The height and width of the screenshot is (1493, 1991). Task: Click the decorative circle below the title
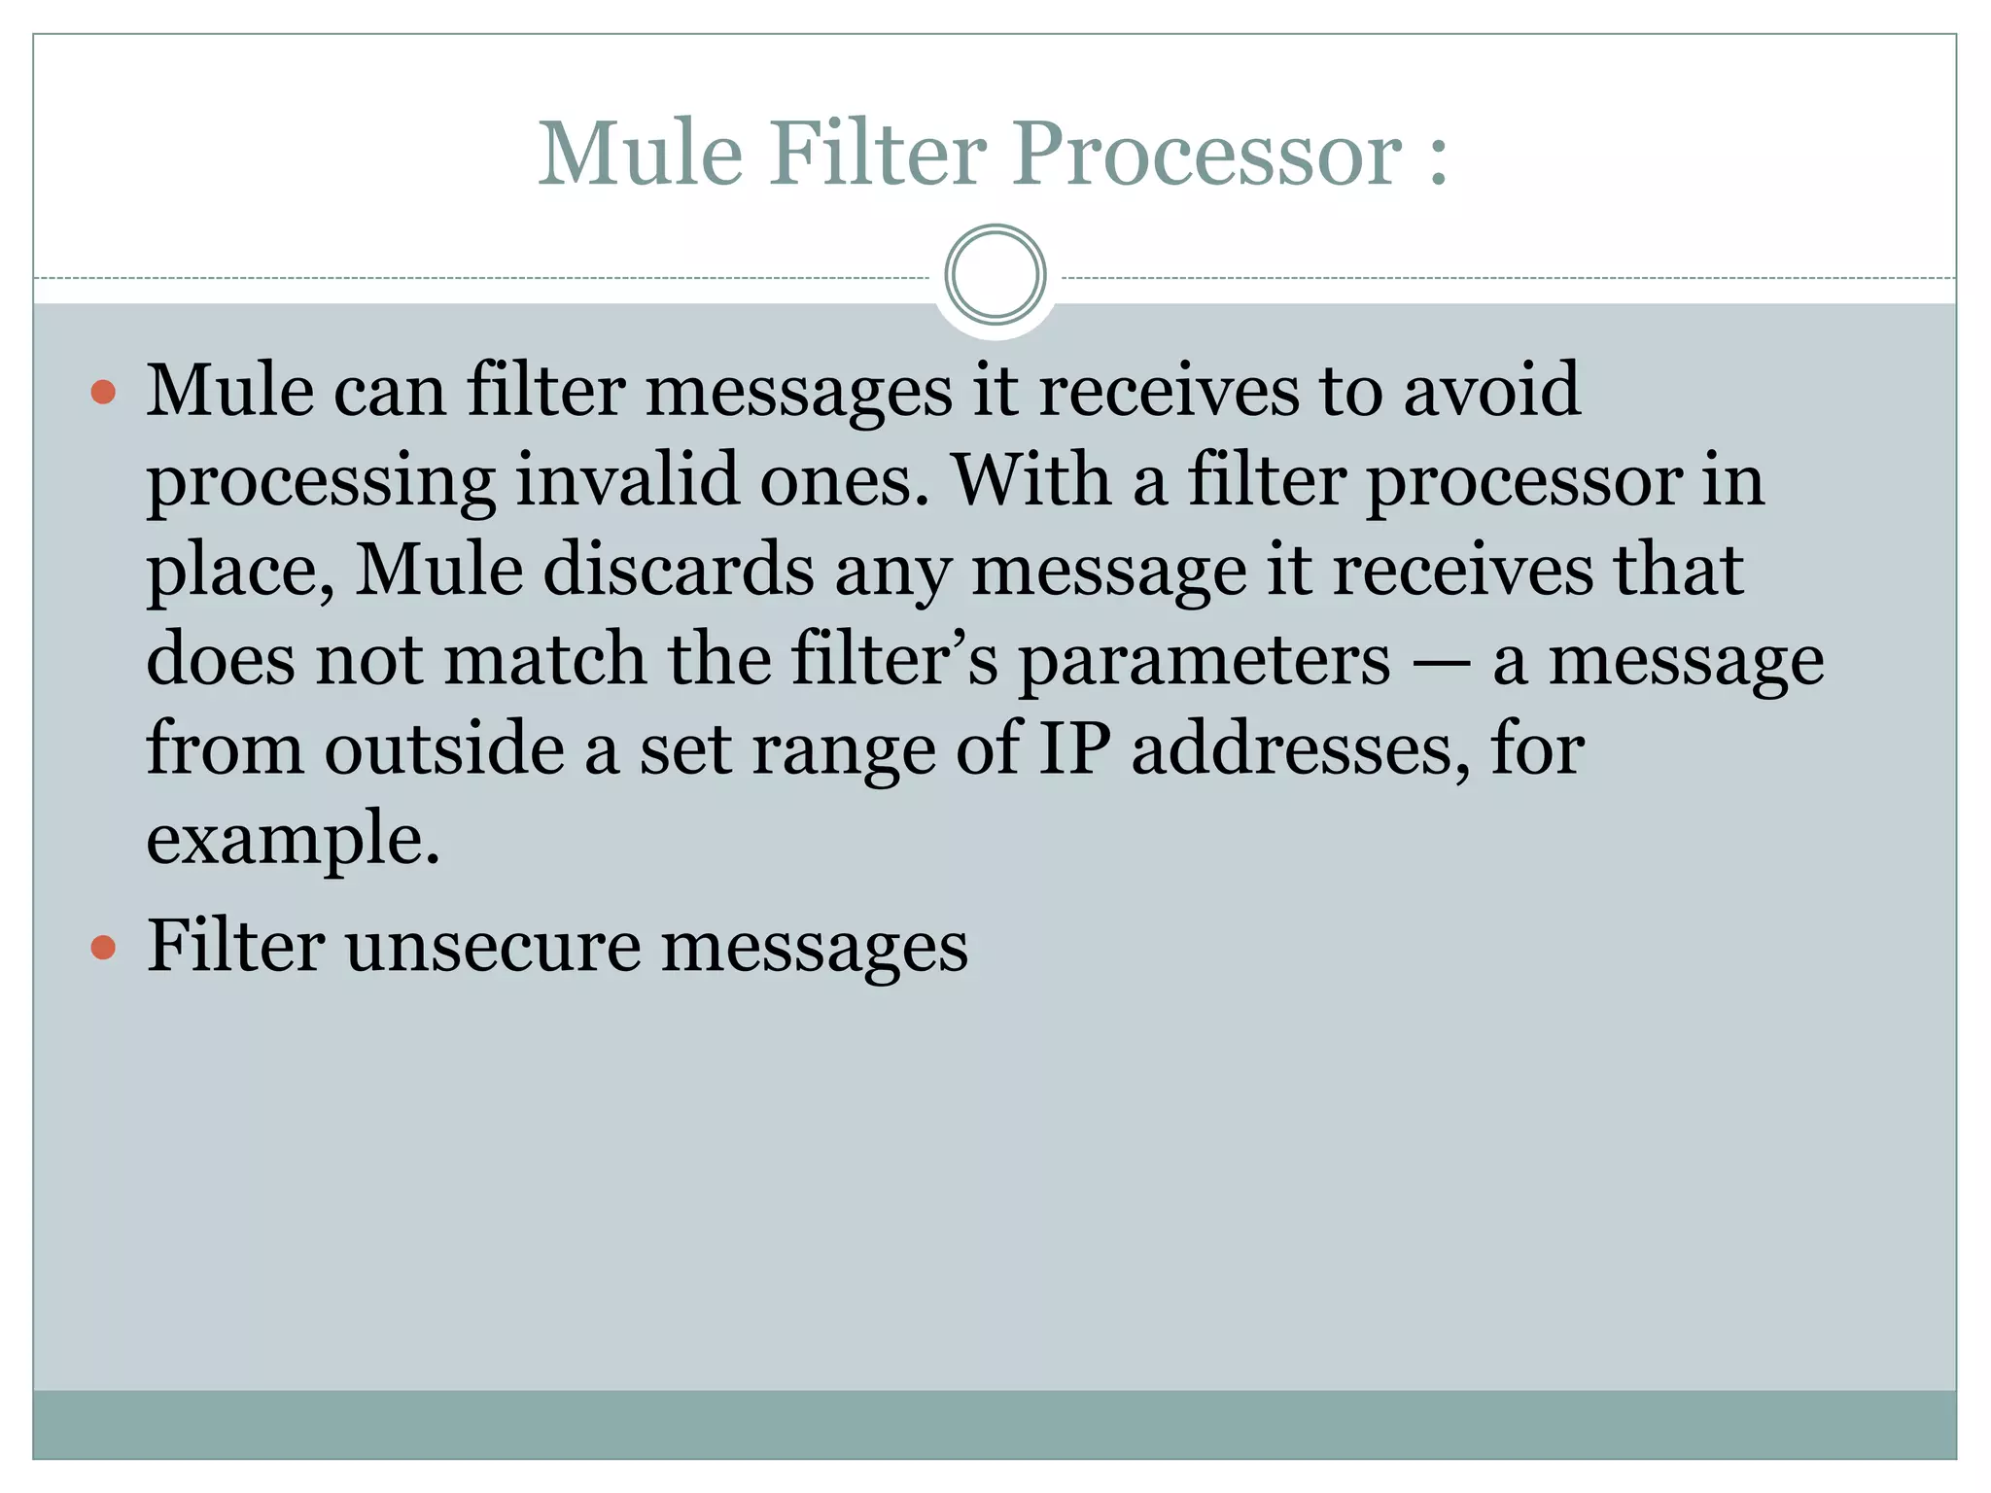point(995,275)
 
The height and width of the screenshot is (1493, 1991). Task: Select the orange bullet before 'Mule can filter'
point(103,392)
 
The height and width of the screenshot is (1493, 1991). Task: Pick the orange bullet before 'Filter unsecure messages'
point(103,947)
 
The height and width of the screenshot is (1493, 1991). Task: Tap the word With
point(1031,479)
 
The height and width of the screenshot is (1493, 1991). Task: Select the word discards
point(679,570)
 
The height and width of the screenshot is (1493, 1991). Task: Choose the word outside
point(444,748)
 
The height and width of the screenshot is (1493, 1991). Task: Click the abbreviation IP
point(1074,748)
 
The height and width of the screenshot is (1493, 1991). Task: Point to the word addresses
point(1301,748)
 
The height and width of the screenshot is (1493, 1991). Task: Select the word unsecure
point(493,947)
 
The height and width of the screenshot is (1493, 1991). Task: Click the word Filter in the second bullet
point(235,945)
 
